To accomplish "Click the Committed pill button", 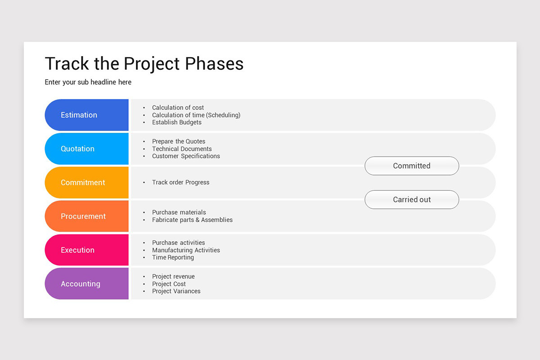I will pos(412,166).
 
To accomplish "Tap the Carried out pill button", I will pos(412,200).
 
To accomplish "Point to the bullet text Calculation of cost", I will pos(178,108).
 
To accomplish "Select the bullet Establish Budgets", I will pos(176,122).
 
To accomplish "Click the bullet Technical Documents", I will pos(182,149).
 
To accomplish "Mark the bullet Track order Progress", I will pos(180,182).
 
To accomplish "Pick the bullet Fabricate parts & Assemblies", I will pos(192,220).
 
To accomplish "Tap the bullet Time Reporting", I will pos(173,257).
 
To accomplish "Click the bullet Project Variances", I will pos(176,291).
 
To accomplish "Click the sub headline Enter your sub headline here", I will pos(88,82).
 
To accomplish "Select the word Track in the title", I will pos(67,64).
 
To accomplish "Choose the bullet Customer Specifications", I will pos(186,156).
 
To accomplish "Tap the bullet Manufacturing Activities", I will pos(186,250).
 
